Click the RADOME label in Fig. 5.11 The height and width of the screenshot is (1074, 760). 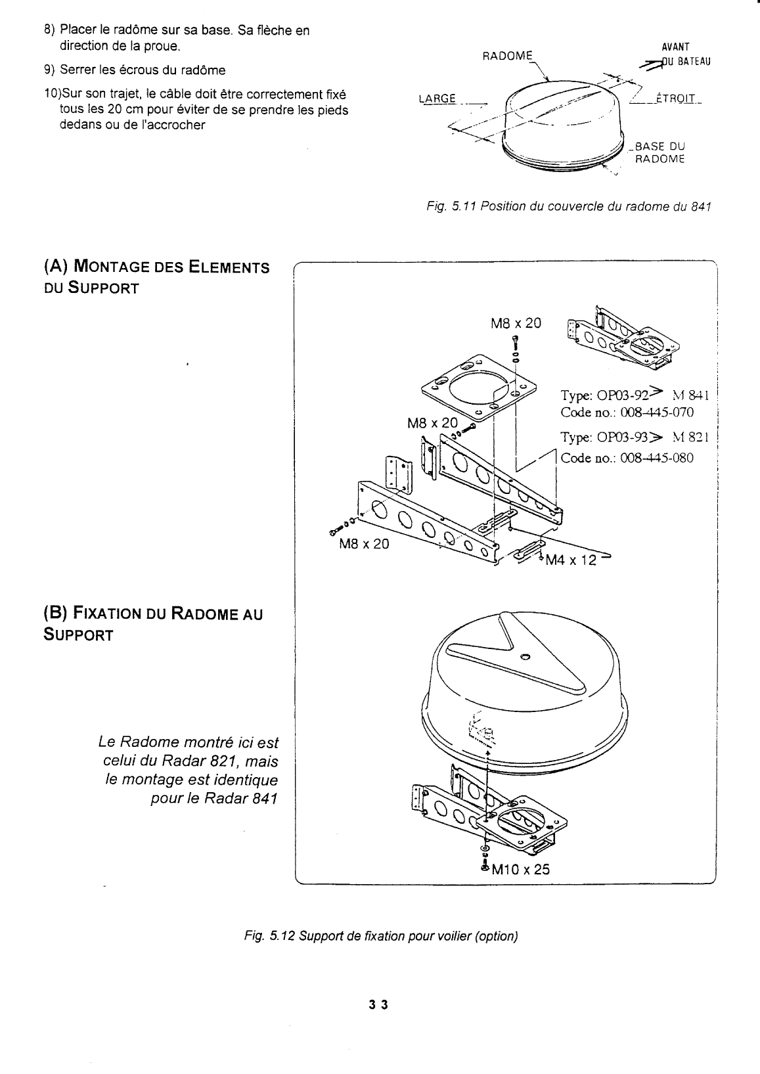pos(507,56)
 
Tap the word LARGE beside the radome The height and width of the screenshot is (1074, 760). pos(437,99)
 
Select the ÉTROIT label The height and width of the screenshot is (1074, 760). pos(675,99)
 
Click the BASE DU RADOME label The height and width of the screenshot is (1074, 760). pos(659,152)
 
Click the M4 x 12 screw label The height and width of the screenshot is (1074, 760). pos(571,560)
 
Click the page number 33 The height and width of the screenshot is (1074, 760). pos(378,1005)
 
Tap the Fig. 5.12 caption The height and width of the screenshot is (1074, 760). pos(381,936)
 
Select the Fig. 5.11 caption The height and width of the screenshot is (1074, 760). pos(569,207)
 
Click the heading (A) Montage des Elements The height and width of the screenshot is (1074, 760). pos(156,267)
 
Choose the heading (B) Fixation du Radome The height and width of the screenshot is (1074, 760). pos(153,614)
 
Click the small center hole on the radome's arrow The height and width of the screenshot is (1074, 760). pos(525,657)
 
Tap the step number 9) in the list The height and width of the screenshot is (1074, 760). pos(49,70)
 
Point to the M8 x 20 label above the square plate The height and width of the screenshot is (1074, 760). pos(516,323)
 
